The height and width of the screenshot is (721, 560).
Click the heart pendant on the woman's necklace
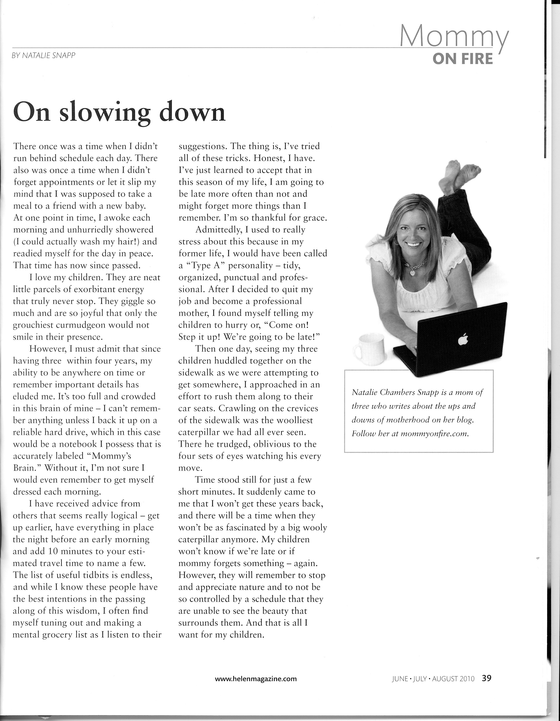[x=413, y=273]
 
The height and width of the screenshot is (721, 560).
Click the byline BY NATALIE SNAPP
[x=44, y=55]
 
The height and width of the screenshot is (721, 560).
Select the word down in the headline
[x=192, y=113]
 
